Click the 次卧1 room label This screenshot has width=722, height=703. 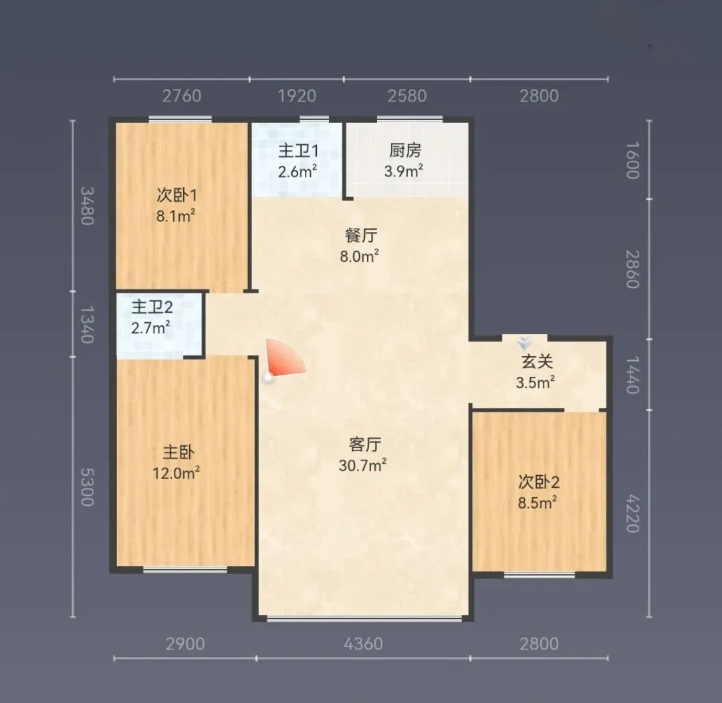(176, 195)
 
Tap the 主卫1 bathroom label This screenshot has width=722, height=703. (298, 150)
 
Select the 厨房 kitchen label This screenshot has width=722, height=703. (405, 150)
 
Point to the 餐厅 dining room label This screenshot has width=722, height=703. (361, 235)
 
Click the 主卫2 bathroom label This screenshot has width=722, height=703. (152, 307)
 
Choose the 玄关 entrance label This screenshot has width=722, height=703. (537, 362)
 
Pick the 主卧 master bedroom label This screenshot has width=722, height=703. (178, 452)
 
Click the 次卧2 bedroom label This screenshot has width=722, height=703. (539, 482)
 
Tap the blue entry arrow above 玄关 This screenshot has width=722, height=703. (524, 343)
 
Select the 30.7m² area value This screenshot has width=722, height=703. (362, 466)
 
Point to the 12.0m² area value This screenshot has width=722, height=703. (176, 473)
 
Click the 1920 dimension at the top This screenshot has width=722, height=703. (297, 96)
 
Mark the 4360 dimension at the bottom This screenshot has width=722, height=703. (363, 644)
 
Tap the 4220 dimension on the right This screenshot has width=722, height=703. (632, 514)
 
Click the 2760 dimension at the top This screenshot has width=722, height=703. (182, 96)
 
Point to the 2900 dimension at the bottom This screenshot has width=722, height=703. (185, 644)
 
